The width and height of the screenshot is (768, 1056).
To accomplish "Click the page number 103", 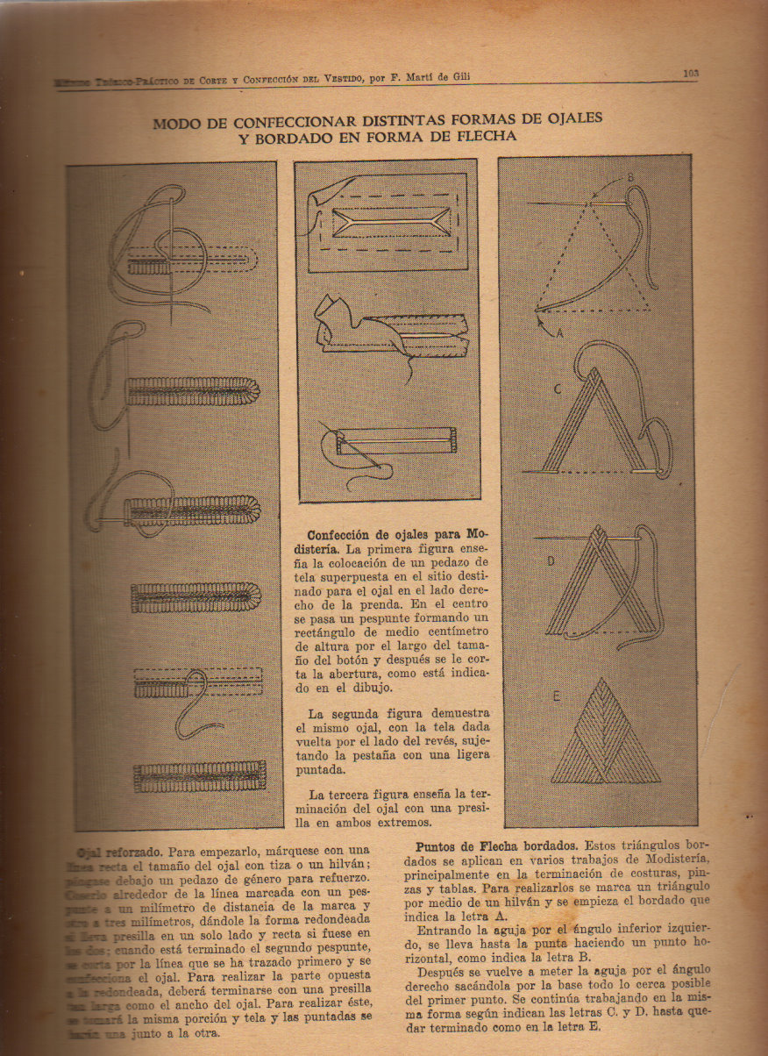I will pos(691,74).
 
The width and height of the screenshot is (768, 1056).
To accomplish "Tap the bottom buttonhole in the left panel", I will pos(199,775).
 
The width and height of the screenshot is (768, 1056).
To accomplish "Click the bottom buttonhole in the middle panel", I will pos(388,440).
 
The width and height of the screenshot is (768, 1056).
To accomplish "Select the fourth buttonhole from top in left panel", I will pos(196,596).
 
